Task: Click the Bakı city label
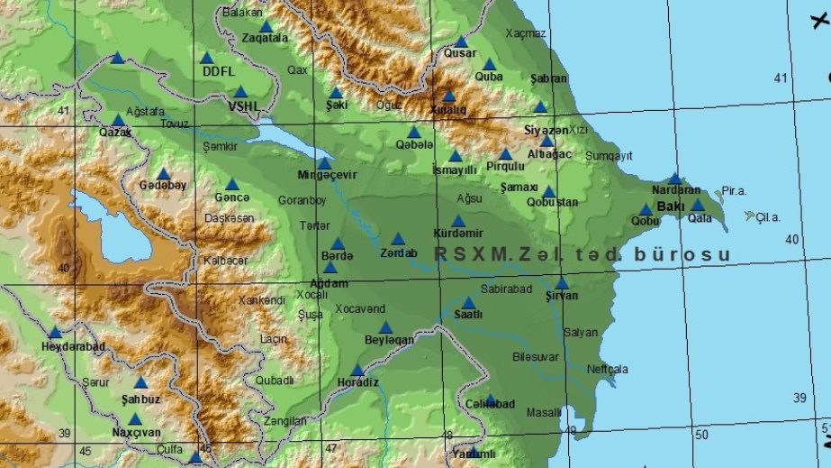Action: pyautogui.click(x=671, y=206)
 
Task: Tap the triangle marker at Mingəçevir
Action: pyautogui.click(x=324, y=163)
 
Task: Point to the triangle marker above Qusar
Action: pyautogui.click(x=461, y=41)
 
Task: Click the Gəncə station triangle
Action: pyautogui.click(x=232, y=185)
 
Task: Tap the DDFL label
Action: pyautogui.click(x=218, y=71)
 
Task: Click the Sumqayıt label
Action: pyautogui.click(x=610, y=156)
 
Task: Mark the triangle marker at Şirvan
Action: pyautogui.click(x=562, y=283)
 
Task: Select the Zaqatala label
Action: pyautogui.click(x=265, y=39)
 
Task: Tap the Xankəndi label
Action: pyautogui.click(x=262, y=299)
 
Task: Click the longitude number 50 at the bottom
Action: pyautogui.click(x=701, y=436)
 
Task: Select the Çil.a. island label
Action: pyautogui.click(x=767, y=216)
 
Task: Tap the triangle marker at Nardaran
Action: pyautogui.click(x=674, y=179)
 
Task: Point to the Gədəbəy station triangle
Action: pyautogui.click(x=163, y=174)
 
